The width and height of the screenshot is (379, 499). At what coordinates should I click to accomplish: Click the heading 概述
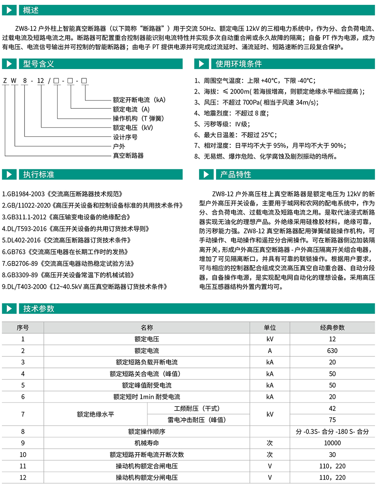[x=31, y=10]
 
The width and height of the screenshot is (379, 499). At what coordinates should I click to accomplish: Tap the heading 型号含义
[x=39, y=64]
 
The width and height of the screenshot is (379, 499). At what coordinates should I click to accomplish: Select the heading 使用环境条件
[x=239, y=64]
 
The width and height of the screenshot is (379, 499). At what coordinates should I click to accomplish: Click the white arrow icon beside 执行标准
[x=9, y=175]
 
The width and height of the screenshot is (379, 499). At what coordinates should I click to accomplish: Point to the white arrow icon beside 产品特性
[x=206, y=175]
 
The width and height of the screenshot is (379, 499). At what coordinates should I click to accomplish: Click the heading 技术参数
[x=39, y=309]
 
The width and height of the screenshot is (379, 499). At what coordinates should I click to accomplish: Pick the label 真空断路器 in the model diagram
[x=128, y=156]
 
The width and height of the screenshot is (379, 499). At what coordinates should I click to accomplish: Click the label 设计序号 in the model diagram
[x=125, y=137]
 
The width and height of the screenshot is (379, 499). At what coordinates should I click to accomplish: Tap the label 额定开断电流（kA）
[x=139, y=100]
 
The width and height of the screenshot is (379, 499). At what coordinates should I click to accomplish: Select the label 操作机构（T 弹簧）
[x=138, y=118]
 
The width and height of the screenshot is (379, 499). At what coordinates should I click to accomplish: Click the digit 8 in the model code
[x=25, y=81]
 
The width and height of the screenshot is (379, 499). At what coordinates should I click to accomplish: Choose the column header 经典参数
[x=332, y=327]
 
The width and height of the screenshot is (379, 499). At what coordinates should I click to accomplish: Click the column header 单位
[x=270, y=327]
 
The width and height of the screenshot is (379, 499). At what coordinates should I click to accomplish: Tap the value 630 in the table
[x=332, y=350]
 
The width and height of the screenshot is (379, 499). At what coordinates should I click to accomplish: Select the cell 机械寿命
[x=147, y=443]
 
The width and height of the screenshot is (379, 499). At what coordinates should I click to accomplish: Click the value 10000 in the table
[x=332, y=443]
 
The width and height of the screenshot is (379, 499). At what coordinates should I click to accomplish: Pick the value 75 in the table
[x=332, y=420]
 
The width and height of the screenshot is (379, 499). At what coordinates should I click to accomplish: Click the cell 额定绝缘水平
[x=95, y=414]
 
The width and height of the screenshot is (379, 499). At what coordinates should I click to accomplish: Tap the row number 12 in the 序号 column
[x=23, y=477]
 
